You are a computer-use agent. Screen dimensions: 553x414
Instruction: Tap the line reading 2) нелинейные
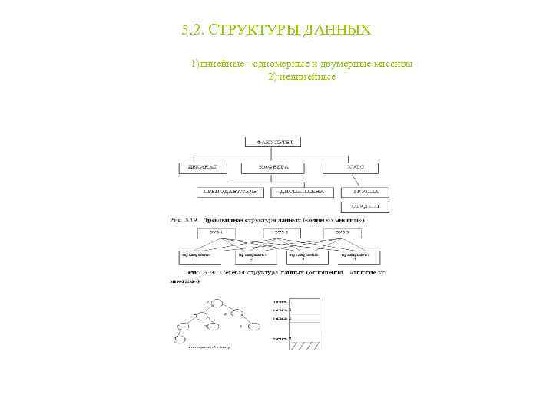[302, 77]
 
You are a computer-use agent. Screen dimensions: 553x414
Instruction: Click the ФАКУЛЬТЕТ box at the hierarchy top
[274, 141]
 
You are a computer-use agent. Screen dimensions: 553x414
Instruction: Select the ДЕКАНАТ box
[204, 166]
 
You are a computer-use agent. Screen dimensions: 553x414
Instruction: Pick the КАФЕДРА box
[273, 166]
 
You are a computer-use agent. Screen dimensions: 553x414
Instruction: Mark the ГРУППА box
[369, 192]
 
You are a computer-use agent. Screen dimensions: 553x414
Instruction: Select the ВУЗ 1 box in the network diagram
[217, 231]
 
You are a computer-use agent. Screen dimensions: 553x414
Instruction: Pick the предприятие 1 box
[195, 256]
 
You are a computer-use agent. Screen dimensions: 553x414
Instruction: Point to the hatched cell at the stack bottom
[303, 344]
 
